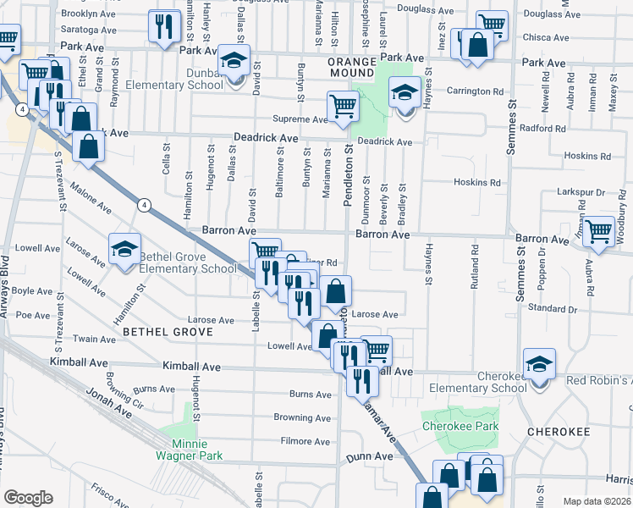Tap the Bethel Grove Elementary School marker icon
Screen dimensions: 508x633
pos(124,250)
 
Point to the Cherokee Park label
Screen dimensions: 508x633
pos(460,427)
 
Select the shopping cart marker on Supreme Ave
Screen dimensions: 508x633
pos(343,108)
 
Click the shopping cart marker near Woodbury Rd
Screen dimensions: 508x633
pos(598,231)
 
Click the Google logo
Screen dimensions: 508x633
pos(28,498)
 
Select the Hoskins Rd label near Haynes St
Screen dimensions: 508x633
pos(476,182)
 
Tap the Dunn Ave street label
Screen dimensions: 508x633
pos(370,456)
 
